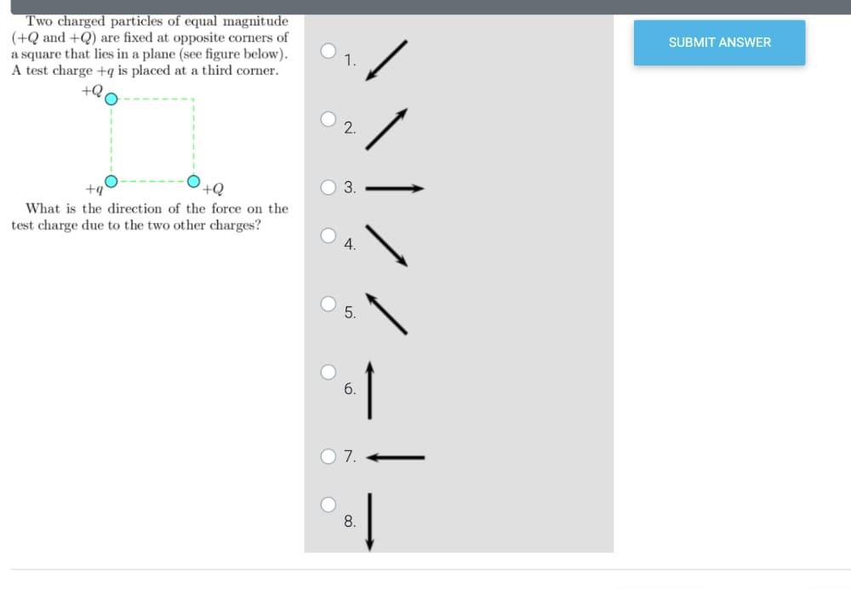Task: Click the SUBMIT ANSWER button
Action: point(719,43)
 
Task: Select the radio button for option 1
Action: point(328,50)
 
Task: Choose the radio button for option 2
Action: point(328,119)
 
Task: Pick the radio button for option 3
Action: point(328,187)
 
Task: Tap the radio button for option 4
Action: point(328,235)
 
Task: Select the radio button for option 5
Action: point(328,303)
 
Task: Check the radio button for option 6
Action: point(328,371)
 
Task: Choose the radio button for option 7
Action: point(328,456)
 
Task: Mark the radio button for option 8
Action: point(328,504)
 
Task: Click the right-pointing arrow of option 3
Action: point(394,189)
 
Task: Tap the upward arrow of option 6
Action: point(369,390)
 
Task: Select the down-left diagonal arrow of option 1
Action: point(386,60)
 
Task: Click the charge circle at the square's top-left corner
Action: point(111,98)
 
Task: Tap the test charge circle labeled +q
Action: point(111,180)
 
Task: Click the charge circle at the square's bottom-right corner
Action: point(194,180)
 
